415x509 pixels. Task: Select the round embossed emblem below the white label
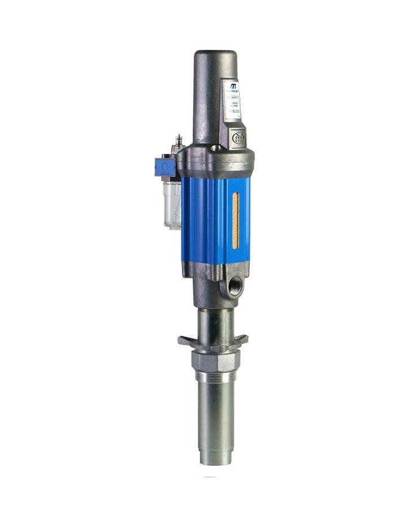(238, 136)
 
